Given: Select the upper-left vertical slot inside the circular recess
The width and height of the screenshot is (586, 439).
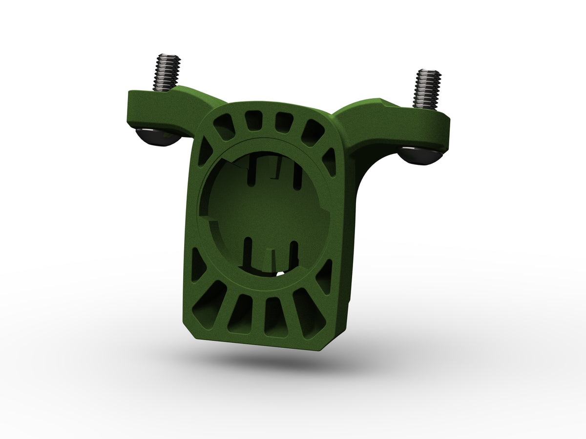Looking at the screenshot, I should (251, 169).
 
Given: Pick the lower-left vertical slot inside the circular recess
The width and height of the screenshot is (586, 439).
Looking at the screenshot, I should (249, 251).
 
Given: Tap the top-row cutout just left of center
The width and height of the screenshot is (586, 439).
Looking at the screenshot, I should (252, 120).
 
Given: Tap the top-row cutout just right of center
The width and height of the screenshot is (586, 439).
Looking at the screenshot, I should (282, 122).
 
